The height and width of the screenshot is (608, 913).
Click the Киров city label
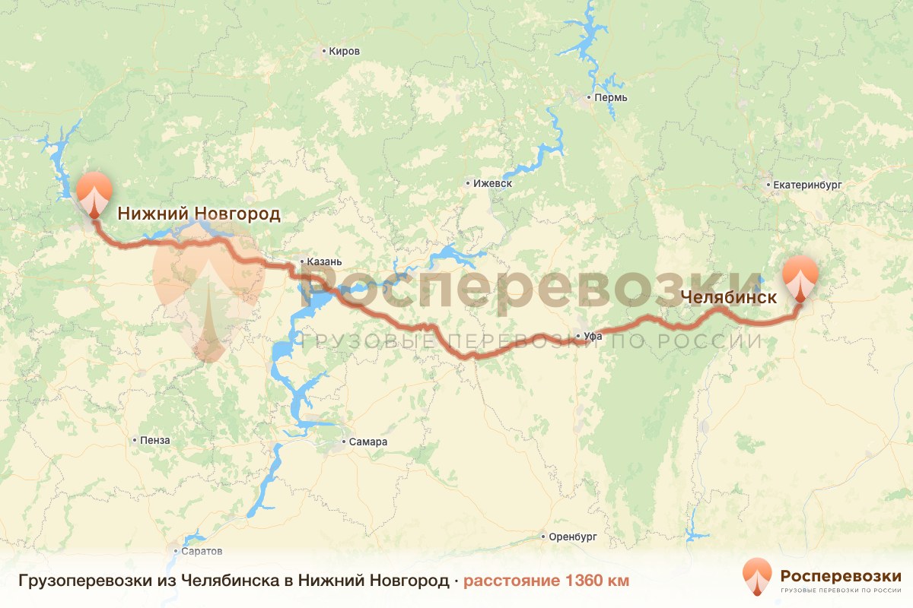pyautogui.click(x=344, y=52)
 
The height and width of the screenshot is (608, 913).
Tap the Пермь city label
pyautogui.click(x=611, y=98)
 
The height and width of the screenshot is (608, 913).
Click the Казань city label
pyautogui.click(x=324, y=262)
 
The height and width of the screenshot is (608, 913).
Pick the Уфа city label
pyautogui.click(x=593, y=336)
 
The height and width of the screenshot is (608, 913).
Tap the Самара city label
pyautogui.click(x=368, y=442)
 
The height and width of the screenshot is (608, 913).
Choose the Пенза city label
pyautogui.click(x=155, y=440)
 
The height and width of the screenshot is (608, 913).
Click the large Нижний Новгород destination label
pyautogui.click(x=199, y=214)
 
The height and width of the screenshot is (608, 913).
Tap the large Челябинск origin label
pyautogui.click(x=729, y=297)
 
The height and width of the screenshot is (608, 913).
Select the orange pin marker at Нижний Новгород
pyautogui.click(x=94, y=194)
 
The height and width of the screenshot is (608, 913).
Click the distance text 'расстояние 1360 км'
pyautogui.click(x=546, y=581)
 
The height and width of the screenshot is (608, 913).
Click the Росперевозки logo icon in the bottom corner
pyautogui.click(x=757, y=576)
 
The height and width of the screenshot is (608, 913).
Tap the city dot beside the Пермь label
pyautogui.click(x=589, y=98)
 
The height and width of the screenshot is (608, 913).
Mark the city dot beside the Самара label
pyautogui.click(x=344, y=442)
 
